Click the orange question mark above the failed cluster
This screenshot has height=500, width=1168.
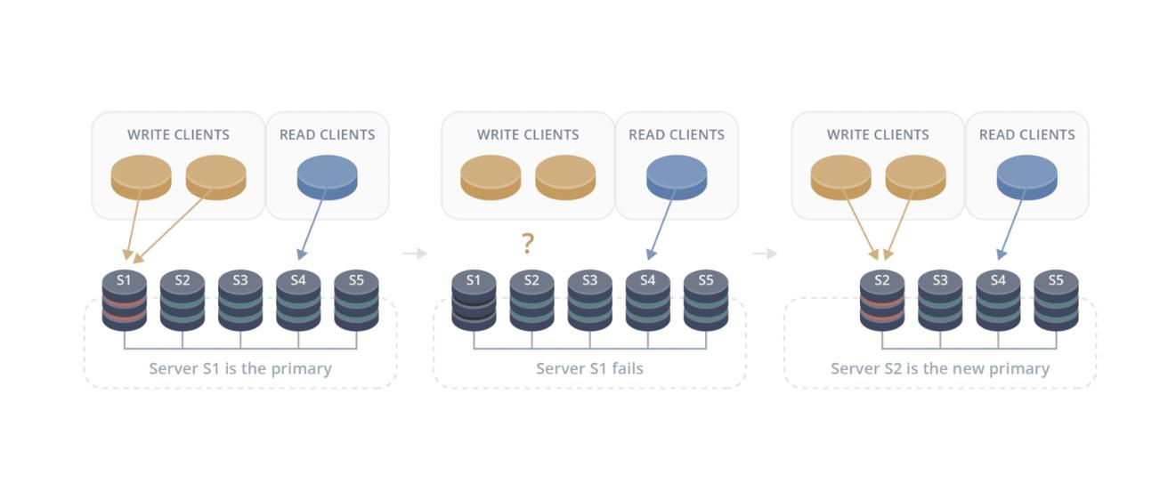click(x=528, y=243)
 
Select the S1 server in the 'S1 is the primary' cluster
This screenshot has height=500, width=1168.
click(x=124, y=301)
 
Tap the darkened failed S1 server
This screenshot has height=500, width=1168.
click(x=474, y=301)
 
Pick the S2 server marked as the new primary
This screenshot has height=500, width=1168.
click(x=882, y=301)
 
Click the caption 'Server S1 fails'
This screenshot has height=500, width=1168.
click(x=589, y=368)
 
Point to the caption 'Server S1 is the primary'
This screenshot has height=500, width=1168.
click(x=240, y=368)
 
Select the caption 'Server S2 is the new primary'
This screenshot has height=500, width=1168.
click(x=940, y=368)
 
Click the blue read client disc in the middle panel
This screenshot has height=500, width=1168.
click(x=677, y=177)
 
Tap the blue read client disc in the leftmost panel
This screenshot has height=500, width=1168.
click(x=328, y=177)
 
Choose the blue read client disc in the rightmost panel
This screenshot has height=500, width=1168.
click(x=1027, y=177)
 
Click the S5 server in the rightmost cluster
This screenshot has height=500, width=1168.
click(x=1057, y=301)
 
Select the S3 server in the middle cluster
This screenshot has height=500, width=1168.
click(x=589, y=301)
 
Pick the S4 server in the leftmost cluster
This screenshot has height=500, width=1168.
click(x=298, y=301)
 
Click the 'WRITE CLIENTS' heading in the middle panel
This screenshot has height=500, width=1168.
click(x=528, y=135)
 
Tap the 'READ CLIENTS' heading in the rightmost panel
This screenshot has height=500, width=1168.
click(x=1027, y=135)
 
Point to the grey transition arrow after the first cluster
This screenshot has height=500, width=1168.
click(x=415, y=254)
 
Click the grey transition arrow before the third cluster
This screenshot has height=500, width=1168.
click(x=765, y=254)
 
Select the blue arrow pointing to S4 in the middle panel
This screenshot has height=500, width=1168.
click(x=661, y=225)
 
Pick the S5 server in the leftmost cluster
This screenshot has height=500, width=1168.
click(x=357, y=301)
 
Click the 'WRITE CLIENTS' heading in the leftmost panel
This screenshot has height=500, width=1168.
click(x=178, y=135)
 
